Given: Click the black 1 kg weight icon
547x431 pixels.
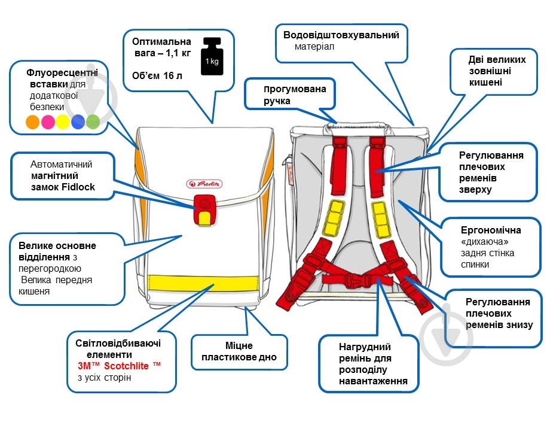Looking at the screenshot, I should pyautogui.click(x=212, y=57).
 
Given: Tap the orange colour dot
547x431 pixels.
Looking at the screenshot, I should pyautogui.click(x=33, y=123).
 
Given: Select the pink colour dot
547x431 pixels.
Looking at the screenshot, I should pyautogui.click(x=48, y=123).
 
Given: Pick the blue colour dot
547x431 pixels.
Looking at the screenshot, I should pyautogui.click(x=78, y=123).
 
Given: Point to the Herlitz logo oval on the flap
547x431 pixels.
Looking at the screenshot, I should pyautogui.click(x=204, y=184).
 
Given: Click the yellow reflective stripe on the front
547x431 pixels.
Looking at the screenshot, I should pyautogui.click(x=203, y=281).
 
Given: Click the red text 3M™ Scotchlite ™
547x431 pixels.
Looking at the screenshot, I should pyautogui.click(x=119, y=365).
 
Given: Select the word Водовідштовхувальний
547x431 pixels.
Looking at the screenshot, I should pyautogui.click(x=341, y=35).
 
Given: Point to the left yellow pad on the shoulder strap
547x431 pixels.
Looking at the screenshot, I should pyautogui.click(x=334, y=218).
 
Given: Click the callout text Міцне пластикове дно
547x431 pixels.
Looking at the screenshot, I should pyautogui.click(x=239, y=351).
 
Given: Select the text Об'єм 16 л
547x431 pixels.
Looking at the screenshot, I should pyautogui.click(x=158, y=75).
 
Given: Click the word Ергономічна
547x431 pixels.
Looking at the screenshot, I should pyautogui.click(x=490, y=230).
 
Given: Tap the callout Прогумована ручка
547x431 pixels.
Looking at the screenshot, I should pyautogui.click(x=295, y=95).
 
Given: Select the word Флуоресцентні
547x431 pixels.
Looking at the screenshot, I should pyautogui.click(x=62, y=73).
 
